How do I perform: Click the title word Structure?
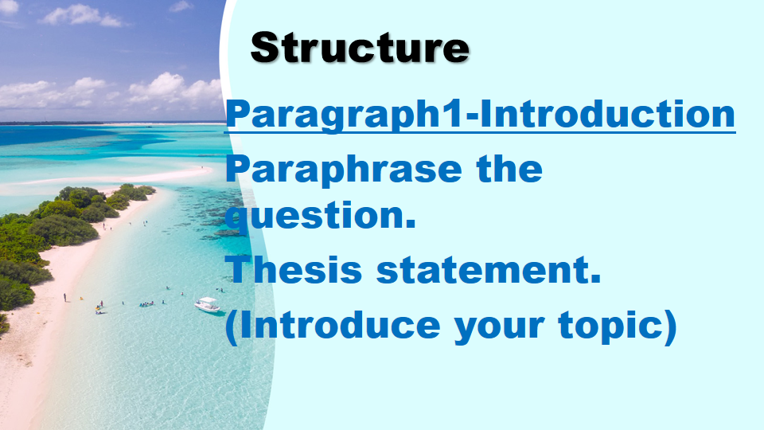360,48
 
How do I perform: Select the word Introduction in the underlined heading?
611,114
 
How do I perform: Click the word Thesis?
294,271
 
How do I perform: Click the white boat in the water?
208,304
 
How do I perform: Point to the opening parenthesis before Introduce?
232,327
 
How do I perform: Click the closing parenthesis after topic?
670,327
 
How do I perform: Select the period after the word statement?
594,280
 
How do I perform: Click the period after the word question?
411,225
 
